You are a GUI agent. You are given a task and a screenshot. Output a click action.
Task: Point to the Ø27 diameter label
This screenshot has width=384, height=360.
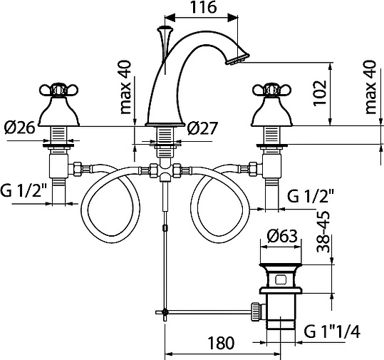point(203,128)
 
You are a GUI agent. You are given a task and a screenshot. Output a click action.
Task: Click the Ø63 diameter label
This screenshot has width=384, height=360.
point(283,236)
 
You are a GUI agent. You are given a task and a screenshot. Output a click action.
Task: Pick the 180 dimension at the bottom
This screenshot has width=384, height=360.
point(221,343)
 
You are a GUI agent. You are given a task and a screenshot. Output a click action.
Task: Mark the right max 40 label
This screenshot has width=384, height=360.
point(369,86)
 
